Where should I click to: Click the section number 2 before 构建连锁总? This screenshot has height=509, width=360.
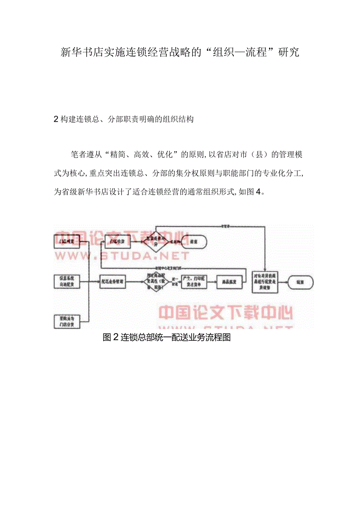pos(56,120)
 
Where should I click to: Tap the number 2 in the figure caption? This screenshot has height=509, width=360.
pos(115,337)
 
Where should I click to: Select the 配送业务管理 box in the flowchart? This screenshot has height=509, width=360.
pos(113,281)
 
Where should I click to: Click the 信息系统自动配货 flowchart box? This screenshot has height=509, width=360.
pos(67,282)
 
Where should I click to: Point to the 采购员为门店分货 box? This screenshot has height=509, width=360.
pos(67,321)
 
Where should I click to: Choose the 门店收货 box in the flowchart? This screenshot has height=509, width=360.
pos(117,242)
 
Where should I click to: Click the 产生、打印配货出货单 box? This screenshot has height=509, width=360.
pos(194,282)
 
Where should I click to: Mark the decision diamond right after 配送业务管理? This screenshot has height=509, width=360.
pos(156,281)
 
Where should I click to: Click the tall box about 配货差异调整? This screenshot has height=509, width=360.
pos(265,282)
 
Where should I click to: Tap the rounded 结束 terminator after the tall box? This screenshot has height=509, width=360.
pos(300,282)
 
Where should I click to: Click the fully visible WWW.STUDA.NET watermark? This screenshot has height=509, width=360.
pos(121,256)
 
